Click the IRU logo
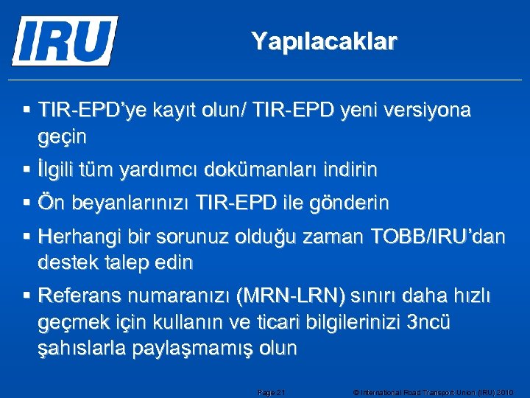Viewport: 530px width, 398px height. pyautogui.click(x=65, y=41)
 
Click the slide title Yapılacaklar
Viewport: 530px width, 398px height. pyautogui.click(x=324, y=41)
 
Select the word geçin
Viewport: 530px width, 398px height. pyautogui.click(x=63, y=137)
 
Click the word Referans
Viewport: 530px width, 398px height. pyautogui.click(x=79, y=296)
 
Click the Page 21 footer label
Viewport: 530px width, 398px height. pyautogui.click(x=272, y=392)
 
